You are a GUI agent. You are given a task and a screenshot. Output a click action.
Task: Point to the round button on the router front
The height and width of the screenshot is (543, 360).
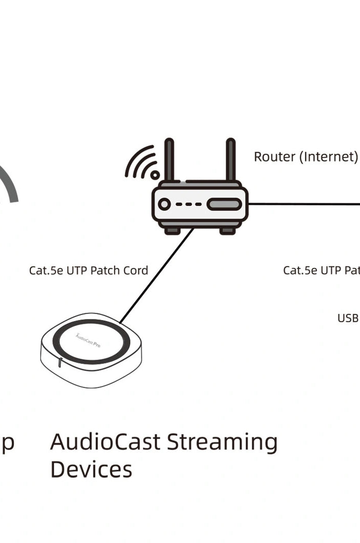click(165, 204)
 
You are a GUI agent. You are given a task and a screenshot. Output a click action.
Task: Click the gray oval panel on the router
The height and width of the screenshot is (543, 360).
click(224, 204)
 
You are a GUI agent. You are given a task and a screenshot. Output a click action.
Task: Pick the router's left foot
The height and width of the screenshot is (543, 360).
click(172, 231)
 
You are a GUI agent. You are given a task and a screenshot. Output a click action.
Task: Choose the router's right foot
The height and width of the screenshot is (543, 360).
click(227, 231)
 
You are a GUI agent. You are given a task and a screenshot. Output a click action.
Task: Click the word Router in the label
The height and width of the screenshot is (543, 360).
click(275, 156)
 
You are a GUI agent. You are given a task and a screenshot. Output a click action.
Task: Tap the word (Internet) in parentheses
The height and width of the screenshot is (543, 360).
click(328, 156)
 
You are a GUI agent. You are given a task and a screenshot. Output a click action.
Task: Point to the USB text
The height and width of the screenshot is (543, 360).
click(348, 318)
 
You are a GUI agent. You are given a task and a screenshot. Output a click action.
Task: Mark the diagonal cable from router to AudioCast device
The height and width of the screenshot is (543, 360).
click(157, 276)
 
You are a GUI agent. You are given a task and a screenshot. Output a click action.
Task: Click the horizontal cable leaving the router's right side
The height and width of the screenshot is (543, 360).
click(303, 204)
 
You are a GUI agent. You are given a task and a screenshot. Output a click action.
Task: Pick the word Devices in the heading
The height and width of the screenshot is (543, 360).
click(91, 469)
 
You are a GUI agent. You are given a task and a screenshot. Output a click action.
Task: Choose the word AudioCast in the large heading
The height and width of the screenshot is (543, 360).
click(105, 442)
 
